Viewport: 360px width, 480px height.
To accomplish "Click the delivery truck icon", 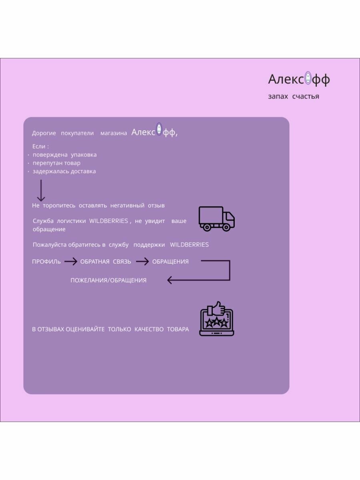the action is pyautogui.click(x=216, y=219).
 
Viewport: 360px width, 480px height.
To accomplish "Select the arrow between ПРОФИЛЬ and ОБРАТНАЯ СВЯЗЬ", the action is pyautogui.click(x=70, y=262).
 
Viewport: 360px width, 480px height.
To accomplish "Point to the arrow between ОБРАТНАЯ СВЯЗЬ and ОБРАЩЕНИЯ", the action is pyautogui.click(x=142, y=262).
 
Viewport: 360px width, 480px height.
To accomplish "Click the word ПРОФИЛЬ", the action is pyautogui.click(x=46, y=262).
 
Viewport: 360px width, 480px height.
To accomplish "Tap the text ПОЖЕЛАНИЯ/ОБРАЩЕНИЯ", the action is pyautogui.click(x=108, y=280).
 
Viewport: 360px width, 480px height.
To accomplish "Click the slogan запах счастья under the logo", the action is pyautogui.click(x=294, y=96).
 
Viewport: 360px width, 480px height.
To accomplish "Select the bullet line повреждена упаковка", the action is pyautogui.click(x=64, y=154).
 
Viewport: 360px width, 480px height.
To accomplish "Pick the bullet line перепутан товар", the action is pyautogui.click(x=56, y=163).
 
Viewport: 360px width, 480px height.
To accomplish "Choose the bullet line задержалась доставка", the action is pyautogui.click(x=64, y=171).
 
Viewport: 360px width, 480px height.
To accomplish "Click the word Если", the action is pyautogui.click(x=39, y=146).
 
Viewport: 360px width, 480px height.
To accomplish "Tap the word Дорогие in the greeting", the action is pyautogui.click(x=44, y=133).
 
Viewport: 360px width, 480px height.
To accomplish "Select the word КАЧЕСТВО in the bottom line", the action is pyautogui.click(x=149, y=329).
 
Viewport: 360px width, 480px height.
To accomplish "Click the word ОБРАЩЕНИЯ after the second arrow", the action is pyautogui.click(x=170, y=262).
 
